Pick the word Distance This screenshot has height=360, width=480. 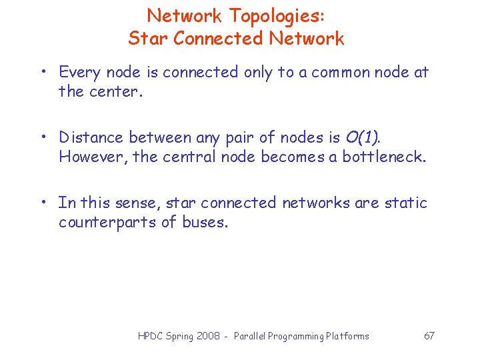click(91, 137)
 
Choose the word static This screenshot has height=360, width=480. click(405, 202)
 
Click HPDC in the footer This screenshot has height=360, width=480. click(151, 336)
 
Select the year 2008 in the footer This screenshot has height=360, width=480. click(209, 336)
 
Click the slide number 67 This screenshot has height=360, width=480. click(429, 335)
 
